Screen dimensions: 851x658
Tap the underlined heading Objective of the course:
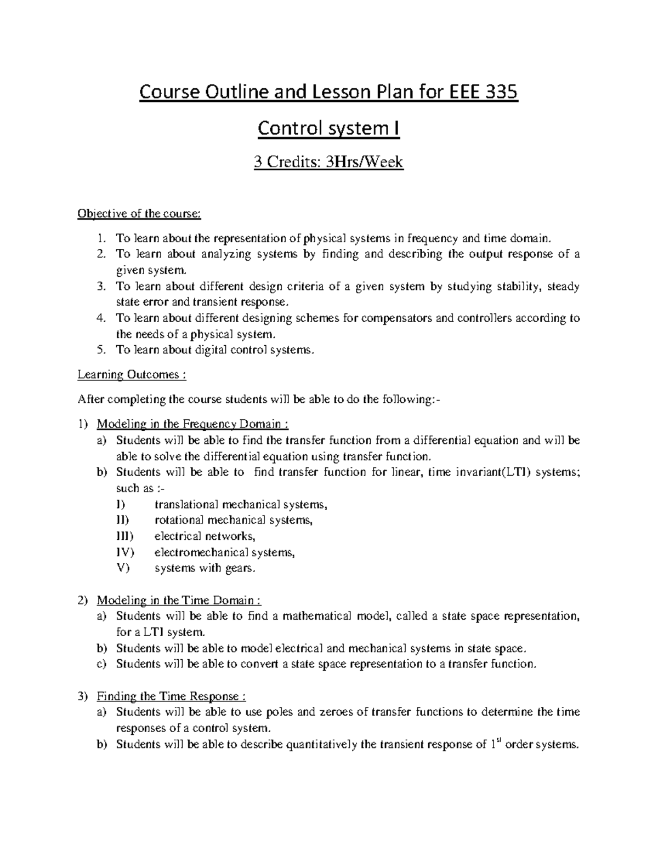(x=139, y=214)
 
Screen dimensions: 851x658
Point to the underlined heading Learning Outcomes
(x=132, y=375)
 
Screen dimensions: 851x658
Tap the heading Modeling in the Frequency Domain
(x=192, y=424)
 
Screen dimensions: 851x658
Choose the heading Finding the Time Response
(x=172, y=696)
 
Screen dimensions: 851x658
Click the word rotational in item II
(x=178, y=520)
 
